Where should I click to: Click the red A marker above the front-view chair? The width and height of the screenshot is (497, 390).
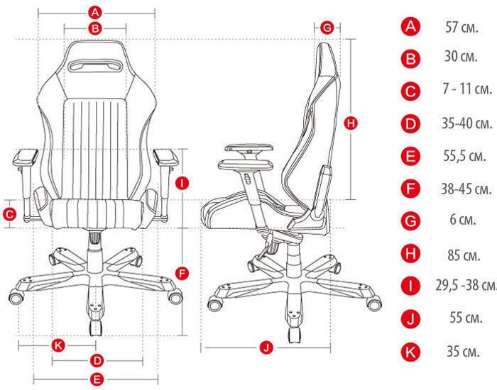[x=95, y=13]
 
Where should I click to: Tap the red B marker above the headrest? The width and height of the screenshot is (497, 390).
[x=95, y=29]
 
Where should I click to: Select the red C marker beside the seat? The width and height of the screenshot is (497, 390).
[x=9, y=215]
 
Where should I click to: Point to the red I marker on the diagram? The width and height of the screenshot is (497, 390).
[x=182, y=183]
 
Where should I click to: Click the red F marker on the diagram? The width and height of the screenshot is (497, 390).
[x=182, y=274]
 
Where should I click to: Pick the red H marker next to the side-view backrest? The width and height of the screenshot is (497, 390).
[x=351, y=123]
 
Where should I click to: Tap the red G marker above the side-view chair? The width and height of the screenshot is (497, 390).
[x=327, y=28]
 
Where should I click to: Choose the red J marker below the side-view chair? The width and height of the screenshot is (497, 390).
[x=266, y=347]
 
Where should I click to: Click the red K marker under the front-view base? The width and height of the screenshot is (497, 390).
[x=58, y=345]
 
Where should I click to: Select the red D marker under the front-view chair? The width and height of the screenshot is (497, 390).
[x=97, y=361]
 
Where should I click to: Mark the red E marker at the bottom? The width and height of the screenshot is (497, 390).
[x=97, y=379]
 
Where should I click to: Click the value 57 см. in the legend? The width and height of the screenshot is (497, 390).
[x=461, y=27]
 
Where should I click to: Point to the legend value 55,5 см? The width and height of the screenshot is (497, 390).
[x=464, y=156]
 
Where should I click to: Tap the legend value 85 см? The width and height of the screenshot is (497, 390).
[x=464, y=255]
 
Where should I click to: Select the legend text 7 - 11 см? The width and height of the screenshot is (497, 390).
[x=467, y=89]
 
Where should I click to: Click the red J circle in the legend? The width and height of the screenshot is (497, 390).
[x=410, y=319]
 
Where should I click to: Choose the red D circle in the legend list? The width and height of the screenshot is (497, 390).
[x=410, y=124]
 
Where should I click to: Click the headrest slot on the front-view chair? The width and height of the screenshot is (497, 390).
[x=96, y=65]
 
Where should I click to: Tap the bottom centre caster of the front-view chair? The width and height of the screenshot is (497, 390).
[x=96, y=328]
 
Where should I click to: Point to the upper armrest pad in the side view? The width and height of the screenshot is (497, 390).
[x=249, y=147]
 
